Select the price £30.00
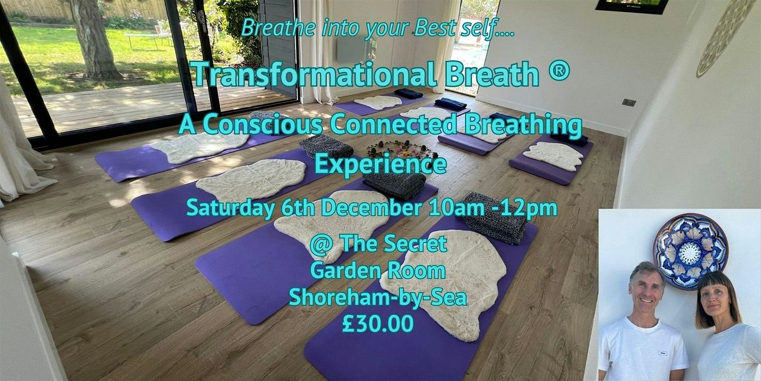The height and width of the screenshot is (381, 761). click(377, 323)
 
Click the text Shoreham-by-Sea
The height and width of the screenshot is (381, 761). click(377, 297)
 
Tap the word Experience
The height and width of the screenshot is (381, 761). click(380, 165)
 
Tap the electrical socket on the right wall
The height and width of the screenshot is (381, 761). click(628, 102)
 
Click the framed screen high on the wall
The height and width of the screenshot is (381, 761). click(631, 6)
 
